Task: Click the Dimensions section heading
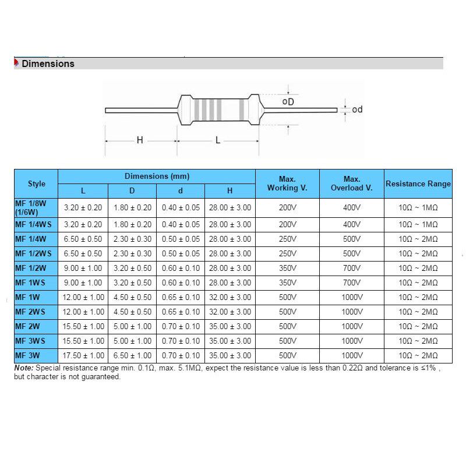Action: coord(48,64)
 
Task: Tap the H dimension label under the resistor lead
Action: coord(140,140)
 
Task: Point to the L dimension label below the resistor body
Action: coord(218,140)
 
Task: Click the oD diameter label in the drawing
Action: coord(288,101)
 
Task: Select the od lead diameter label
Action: coord(357,110)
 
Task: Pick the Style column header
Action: coord(36,184)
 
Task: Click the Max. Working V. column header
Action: coord(287,184)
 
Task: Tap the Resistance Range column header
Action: coord(418,184)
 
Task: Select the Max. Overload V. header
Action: coord(351,184)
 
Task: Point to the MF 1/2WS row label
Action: coord(33,253)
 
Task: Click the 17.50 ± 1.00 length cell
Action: coord(83,355)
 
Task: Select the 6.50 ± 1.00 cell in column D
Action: coord(132,355)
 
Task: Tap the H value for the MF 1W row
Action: coord(230,297)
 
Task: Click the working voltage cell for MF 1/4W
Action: coord(287,239)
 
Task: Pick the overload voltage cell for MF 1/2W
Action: coord(351,268)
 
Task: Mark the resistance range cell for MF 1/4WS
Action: coord(418,224)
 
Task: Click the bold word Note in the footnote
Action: coord(24,368)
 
